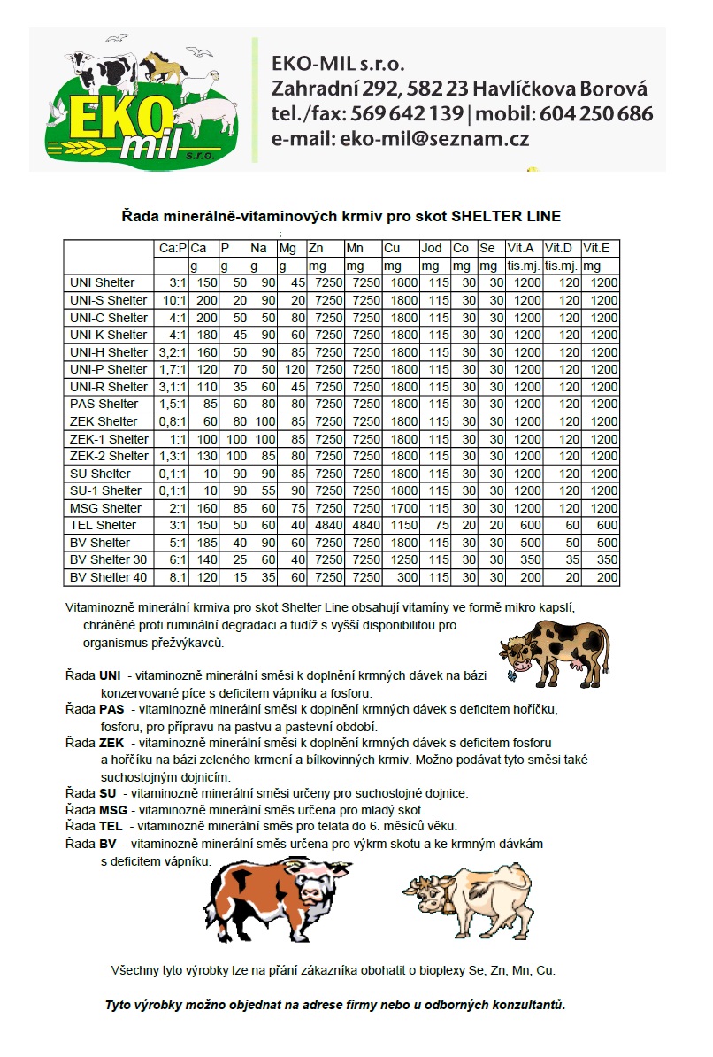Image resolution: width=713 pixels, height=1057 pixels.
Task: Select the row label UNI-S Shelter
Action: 108,300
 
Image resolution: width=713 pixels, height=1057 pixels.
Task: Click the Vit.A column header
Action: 521,249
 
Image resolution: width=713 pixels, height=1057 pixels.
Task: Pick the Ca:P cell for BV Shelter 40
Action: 171,577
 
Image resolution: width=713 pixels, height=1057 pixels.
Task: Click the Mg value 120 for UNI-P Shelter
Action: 293,369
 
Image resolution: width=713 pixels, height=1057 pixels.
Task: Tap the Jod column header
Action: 432,249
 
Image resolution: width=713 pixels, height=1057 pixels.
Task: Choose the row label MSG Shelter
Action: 105,508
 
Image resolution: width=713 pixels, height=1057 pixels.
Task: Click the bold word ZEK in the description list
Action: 111,743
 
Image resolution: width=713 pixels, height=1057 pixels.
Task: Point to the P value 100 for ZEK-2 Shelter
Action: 234,456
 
